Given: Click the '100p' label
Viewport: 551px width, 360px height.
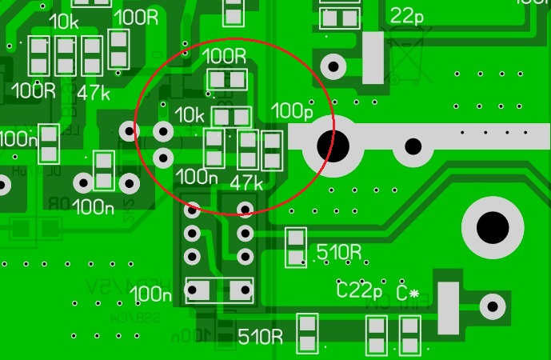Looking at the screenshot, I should pos(293,110).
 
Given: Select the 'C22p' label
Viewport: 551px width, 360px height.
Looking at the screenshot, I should pos(359,290).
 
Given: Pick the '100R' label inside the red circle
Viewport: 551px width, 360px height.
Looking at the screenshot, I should pos(226,56).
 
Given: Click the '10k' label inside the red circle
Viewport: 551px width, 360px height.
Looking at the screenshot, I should pos(190,115).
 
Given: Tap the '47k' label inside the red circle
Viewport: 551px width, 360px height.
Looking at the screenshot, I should pos(246,183).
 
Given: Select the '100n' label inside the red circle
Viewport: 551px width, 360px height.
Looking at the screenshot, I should pos(196,176).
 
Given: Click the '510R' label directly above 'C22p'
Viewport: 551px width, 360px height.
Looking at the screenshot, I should pos(339,252).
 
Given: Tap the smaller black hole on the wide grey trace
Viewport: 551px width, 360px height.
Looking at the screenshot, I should pos(413,146).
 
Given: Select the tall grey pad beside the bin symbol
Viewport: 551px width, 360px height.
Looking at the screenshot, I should pos(373,57).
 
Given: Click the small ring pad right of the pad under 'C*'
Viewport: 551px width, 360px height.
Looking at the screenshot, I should pos(493,306).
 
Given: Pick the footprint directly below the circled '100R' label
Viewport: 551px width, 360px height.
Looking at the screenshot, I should pos(227,80).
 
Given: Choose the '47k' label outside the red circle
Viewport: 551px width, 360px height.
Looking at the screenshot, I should pos(94,92).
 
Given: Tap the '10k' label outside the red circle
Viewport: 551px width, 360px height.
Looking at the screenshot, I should pos(63,22).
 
